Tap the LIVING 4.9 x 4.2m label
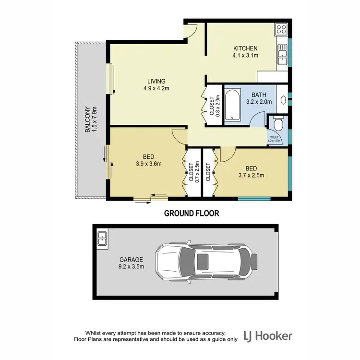tap(157, 84)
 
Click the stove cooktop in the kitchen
tap(282, 30)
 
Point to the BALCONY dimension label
tap(91, 119)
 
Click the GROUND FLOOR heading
tap(192, 213)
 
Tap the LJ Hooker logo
tap(268, 336)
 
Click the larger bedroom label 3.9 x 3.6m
tap(148, 160)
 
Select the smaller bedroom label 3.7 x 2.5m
tap(251, 171)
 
